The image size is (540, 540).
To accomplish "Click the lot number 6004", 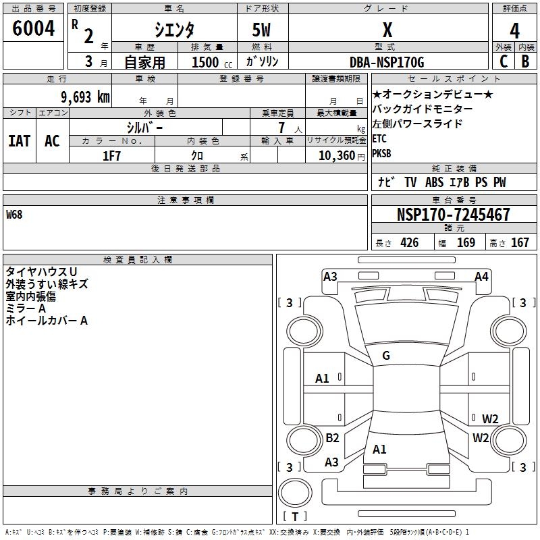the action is point(33,29).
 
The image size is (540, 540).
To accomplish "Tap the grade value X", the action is point(387,30).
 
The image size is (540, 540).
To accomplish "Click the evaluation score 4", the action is point(514,30).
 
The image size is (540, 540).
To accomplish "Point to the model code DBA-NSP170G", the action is point(387,62).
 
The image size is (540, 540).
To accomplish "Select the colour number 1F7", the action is point(111,155).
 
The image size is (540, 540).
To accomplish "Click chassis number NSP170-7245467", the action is point(453,215).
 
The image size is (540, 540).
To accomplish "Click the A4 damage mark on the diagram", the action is point(481,277).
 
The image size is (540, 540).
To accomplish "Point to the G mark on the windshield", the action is point(385,356).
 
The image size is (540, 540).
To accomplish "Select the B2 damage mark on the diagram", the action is point(332,438).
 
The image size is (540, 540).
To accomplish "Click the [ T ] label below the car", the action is point(295,517).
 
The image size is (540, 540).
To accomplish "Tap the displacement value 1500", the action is point(205,62).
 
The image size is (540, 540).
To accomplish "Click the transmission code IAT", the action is point(19,141).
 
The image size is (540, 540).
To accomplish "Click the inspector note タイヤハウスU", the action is point(41,271).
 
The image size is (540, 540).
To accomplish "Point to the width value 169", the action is point(466,243).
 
